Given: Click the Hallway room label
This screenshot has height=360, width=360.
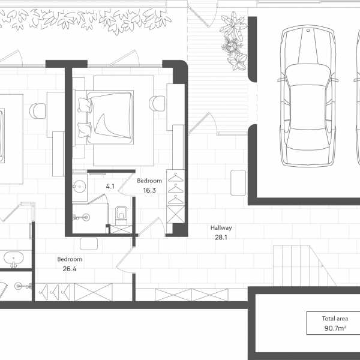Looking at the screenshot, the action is click(221, 228).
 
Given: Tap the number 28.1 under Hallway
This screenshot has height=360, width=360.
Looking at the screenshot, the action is click(221, 238).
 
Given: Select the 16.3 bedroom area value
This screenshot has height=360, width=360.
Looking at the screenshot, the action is click(149, 190).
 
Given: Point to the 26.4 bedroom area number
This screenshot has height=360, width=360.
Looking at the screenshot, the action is click(70, 269).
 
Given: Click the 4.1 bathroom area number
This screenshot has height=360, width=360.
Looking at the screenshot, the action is click(110, 187).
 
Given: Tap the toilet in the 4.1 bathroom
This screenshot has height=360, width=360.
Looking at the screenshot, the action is click(121, 215).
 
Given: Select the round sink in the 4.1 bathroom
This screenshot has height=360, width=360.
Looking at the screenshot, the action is click(79, 187).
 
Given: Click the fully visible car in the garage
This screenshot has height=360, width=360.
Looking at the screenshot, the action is click(307, 96).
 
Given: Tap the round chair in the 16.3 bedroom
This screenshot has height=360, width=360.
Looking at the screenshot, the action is click(157, 103).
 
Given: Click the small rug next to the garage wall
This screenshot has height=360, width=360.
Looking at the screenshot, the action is click(238, 183).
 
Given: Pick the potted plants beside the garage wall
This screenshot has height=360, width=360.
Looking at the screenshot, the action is click(234, 41).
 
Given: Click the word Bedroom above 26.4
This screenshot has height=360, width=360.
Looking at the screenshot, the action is click(70, 259).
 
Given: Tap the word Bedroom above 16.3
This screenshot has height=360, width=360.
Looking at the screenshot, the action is click(149, 181).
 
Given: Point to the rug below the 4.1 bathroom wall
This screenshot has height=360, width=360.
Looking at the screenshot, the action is click(89, 244).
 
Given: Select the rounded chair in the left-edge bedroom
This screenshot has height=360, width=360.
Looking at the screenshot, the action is click(37, 111).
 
